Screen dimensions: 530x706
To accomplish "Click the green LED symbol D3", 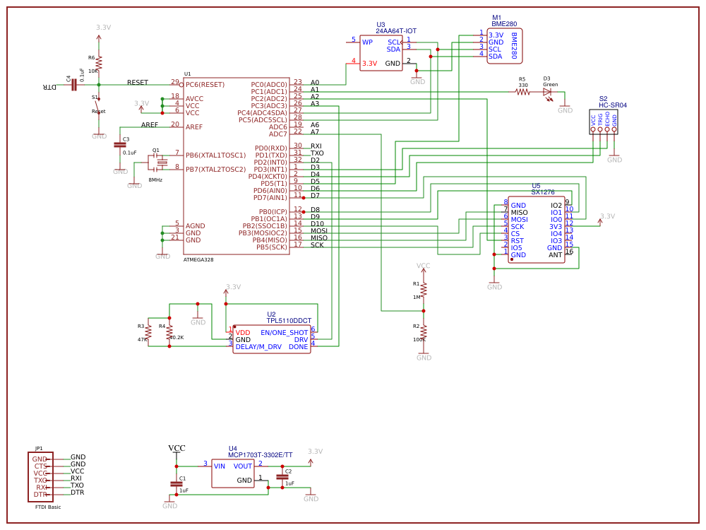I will click(x=547, y=91).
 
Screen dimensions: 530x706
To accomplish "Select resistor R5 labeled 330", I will click(x=522, y=91).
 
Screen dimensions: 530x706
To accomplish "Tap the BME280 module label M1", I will click(x=496, y=18).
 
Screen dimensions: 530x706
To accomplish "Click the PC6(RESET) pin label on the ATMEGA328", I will click(x=205, y=85).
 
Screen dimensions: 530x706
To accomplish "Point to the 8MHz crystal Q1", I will click(x=162, y=163).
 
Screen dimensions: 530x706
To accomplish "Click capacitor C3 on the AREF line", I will click(x=120, y=145).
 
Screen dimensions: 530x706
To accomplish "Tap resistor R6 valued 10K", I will click(x=99, y=63).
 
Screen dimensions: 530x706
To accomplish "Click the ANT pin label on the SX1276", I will click(x=556, y=255).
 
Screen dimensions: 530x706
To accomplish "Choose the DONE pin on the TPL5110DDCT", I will click(x=298, y=347).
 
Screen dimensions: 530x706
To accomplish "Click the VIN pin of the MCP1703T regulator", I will click(x=220, y=466).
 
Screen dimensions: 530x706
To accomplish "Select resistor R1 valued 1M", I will click(x=424, y=289).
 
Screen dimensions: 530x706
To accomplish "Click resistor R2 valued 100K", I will click(x=424, y=331).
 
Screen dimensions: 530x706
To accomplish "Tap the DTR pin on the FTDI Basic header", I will click(x=40, y=495).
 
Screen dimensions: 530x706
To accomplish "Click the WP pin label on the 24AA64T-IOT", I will click(x=367, y=42).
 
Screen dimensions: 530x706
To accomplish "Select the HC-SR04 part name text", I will click(x=612, y=105).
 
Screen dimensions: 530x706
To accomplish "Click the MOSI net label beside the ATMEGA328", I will click(x=319, y=231).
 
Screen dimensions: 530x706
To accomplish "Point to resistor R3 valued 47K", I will click(x=148, y=332).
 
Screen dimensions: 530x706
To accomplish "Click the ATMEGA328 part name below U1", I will click(x=198, y=260).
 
